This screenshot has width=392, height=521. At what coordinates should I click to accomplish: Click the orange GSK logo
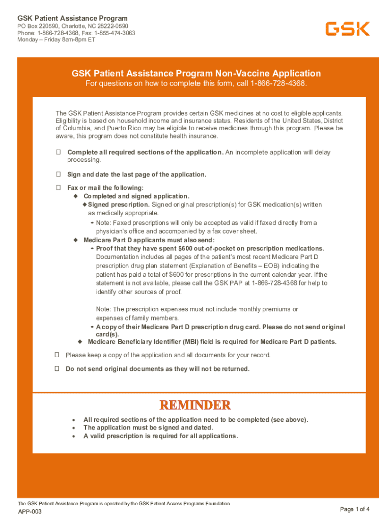348,29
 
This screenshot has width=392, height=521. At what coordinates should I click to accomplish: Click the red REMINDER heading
195,405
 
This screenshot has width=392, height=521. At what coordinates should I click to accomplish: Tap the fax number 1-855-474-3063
115,33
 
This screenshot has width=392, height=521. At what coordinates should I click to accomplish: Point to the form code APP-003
30,511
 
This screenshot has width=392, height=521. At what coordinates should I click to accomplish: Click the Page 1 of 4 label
355,509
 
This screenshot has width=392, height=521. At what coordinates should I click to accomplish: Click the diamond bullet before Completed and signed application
75,196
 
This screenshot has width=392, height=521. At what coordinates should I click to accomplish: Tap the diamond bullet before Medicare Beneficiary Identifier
80,341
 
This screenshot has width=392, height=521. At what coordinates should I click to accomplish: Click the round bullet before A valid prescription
74,436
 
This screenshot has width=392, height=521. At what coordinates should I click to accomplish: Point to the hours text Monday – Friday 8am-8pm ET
56,40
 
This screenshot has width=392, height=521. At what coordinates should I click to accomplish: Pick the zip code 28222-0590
109,26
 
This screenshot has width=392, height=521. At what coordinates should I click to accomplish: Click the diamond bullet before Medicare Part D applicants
75,240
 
